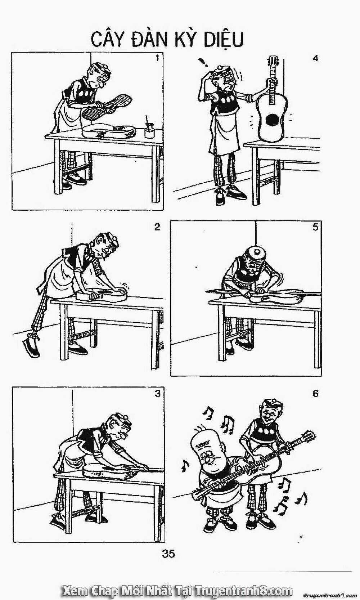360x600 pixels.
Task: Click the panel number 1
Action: coord(157,58)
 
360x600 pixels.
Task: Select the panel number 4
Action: coord(316,58)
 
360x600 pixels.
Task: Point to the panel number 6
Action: coord(315,394)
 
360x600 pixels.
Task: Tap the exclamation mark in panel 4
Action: coord(204,62)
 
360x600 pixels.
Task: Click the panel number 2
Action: coord(157,227)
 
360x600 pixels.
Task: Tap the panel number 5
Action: coord(315,227)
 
